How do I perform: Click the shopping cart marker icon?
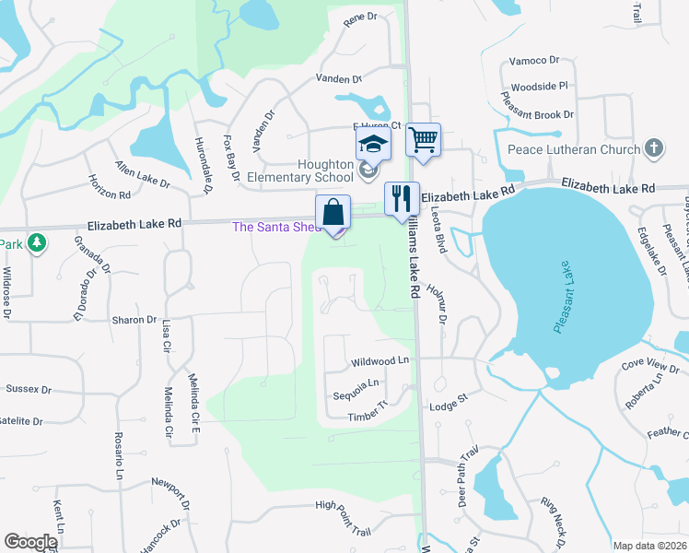click(423, 141)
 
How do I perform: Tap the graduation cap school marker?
click(373, 145)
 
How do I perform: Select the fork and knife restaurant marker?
click(402, 198)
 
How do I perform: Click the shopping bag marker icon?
click(333, 213)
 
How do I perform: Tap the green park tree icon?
click(37, 243)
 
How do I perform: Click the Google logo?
click(30, 542)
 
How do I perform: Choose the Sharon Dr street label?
click(134, 320)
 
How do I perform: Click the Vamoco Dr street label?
click(534, 60)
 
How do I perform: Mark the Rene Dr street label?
click(360, 18)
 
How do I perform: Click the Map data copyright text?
click(650, 546)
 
